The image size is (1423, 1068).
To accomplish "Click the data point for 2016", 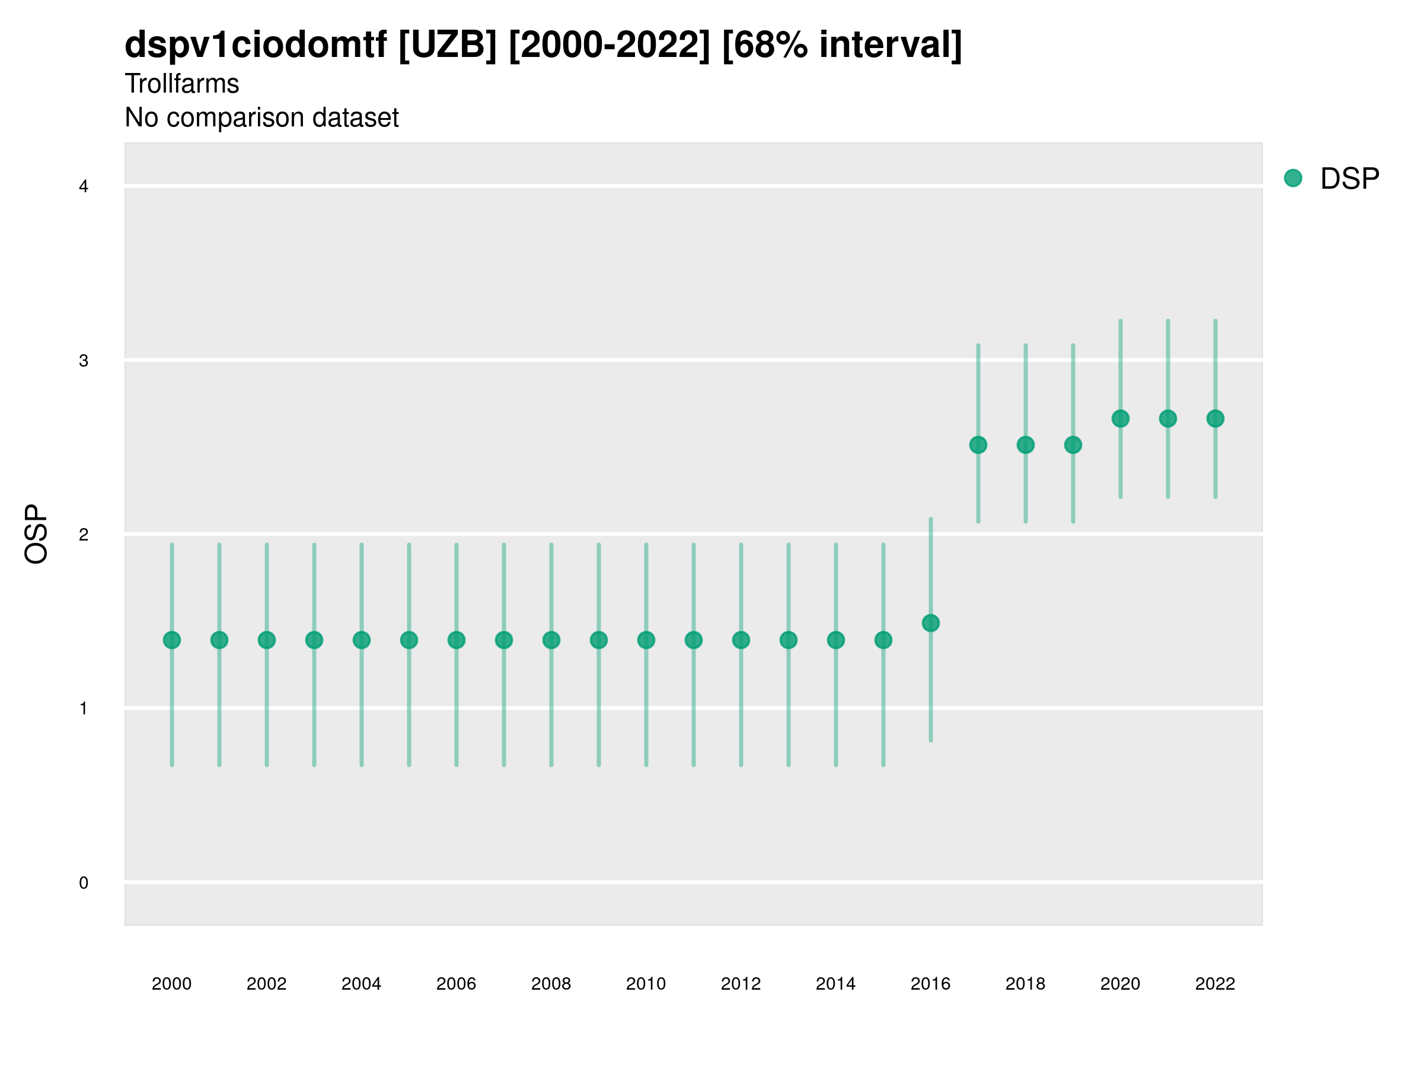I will pyautogui.click(x=931, y=623).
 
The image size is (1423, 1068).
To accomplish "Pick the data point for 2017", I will pyautogui.click(x=978, y=445).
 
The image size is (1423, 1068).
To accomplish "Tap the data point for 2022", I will pyautogui.click(x=1215, y=418).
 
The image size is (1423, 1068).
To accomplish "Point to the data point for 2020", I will pyautogui.click(x=1121, y=418).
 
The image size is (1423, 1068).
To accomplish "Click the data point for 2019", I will pyautogui.click(x=1073, y=445).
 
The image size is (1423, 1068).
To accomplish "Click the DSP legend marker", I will pyautogui.click(x=1293, y=179).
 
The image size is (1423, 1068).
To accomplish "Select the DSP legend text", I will pyautogui.click(x=1349, y=179).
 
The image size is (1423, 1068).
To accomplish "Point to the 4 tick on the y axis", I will pyautogui.click(x=84, y=187).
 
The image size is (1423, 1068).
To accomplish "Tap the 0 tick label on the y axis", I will pyautogui.click(x=84, y=883).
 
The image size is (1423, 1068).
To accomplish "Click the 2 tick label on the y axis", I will pyautogui.click(x=84, y=535).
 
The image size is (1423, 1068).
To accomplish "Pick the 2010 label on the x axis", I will pyautogui.click(x=646, y=984).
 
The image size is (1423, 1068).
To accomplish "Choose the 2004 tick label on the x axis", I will pyautogui.click(x=362, y=984).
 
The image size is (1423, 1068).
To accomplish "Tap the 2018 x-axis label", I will pyautogui.click(x=1025, y=984).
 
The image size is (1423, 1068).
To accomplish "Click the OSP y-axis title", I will pyautogui.click(x=37, y=535).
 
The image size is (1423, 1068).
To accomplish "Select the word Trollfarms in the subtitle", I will pyautogui.click(x=182, y=84).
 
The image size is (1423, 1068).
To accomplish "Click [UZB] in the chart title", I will pyautogui.click(x=448, y=45).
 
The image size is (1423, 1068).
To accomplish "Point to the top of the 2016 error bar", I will pyautogui.click(x=931, y=519).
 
